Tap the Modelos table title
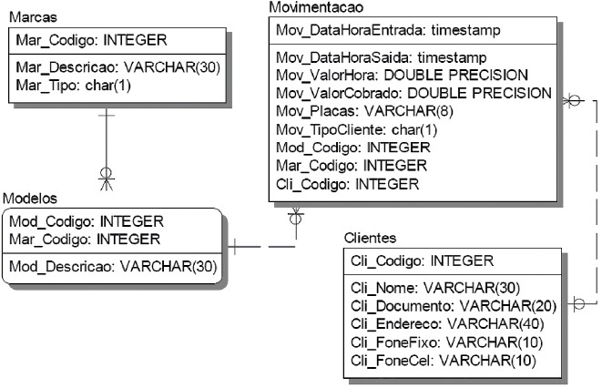tap(31, 198)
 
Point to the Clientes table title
tap(370, 238)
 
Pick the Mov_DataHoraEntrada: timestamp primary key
tap(388, 30)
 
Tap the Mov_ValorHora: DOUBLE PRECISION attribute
tap(402, 75)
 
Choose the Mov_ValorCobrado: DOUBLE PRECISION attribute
tap(413, 93)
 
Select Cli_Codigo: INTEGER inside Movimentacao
tap(347, 184)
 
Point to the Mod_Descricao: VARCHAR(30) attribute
tap(112, 267)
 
